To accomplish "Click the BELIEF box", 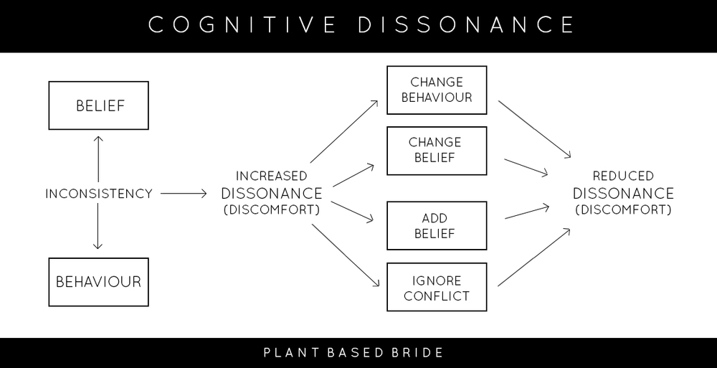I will [x=98, y=106].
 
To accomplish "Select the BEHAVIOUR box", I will [x=98, y=282].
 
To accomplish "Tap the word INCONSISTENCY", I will [x=98, y=194].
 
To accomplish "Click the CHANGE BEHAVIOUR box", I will [x=437, y=90].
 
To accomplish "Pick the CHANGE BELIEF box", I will [x=437, y=151].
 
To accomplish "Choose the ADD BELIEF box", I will [x=437, y=226].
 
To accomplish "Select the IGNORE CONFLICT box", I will [x=437, y=288].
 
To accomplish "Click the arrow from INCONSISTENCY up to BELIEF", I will [x=98, y=158].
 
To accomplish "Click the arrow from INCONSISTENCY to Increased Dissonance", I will [x=184, y=194].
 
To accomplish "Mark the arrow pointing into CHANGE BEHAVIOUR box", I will [x=344, y=131].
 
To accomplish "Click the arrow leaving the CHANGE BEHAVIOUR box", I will [x=533, y=129].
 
